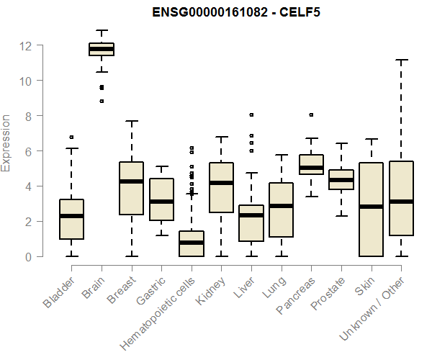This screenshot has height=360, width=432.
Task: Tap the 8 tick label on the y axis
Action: click(26, 116)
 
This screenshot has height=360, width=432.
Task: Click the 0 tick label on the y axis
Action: click(26, 256)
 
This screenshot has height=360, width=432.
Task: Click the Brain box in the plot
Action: click(102, 49)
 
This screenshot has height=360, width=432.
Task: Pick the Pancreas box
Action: click(311, 165)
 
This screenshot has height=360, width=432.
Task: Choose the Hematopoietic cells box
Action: click(192, 244)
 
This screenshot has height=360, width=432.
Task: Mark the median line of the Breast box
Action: click(131, 181)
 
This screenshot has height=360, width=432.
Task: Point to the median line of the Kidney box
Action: click(221, 183)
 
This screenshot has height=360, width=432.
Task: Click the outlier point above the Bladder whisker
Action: click(71, 137)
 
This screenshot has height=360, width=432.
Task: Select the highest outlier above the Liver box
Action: click(251, 114)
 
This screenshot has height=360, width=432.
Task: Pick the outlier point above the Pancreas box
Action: click(311, 114)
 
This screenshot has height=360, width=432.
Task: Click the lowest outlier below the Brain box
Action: click(102, 101)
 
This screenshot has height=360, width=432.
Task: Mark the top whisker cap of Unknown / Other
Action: click(401, 60)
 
